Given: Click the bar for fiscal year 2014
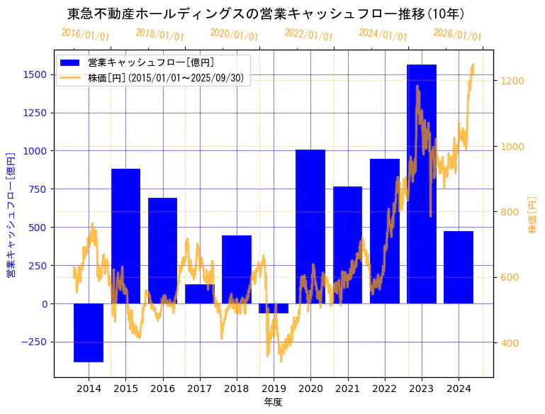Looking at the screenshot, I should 89,332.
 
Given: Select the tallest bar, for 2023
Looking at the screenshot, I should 422,184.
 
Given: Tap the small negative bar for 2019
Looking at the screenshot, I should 274,308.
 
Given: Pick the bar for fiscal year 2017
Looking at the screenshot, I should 200,294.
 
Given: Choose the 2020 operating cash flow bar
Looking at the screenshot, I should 310,227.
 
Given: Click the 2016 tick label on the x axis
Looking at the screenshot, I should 163,388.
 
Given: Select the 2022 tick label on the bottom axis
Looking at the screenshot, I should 385,388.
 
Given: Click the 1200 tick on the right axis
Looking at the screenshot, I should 512,81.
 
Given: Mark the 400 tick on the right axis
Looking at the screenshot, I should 510,344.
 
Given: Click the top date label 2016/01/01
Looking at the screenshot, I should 86,34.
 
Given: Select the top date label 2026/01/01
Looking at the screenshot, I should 457,35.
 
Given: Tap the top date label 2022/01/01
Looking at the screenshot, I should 308,35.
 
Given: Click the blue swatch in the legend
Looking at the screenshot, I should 71,62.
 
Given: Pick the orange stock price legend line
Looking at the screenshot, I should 71,78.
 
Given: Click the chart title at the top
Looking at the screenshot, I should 266,13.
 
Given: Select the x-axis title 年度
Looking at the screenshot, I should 273,403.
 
